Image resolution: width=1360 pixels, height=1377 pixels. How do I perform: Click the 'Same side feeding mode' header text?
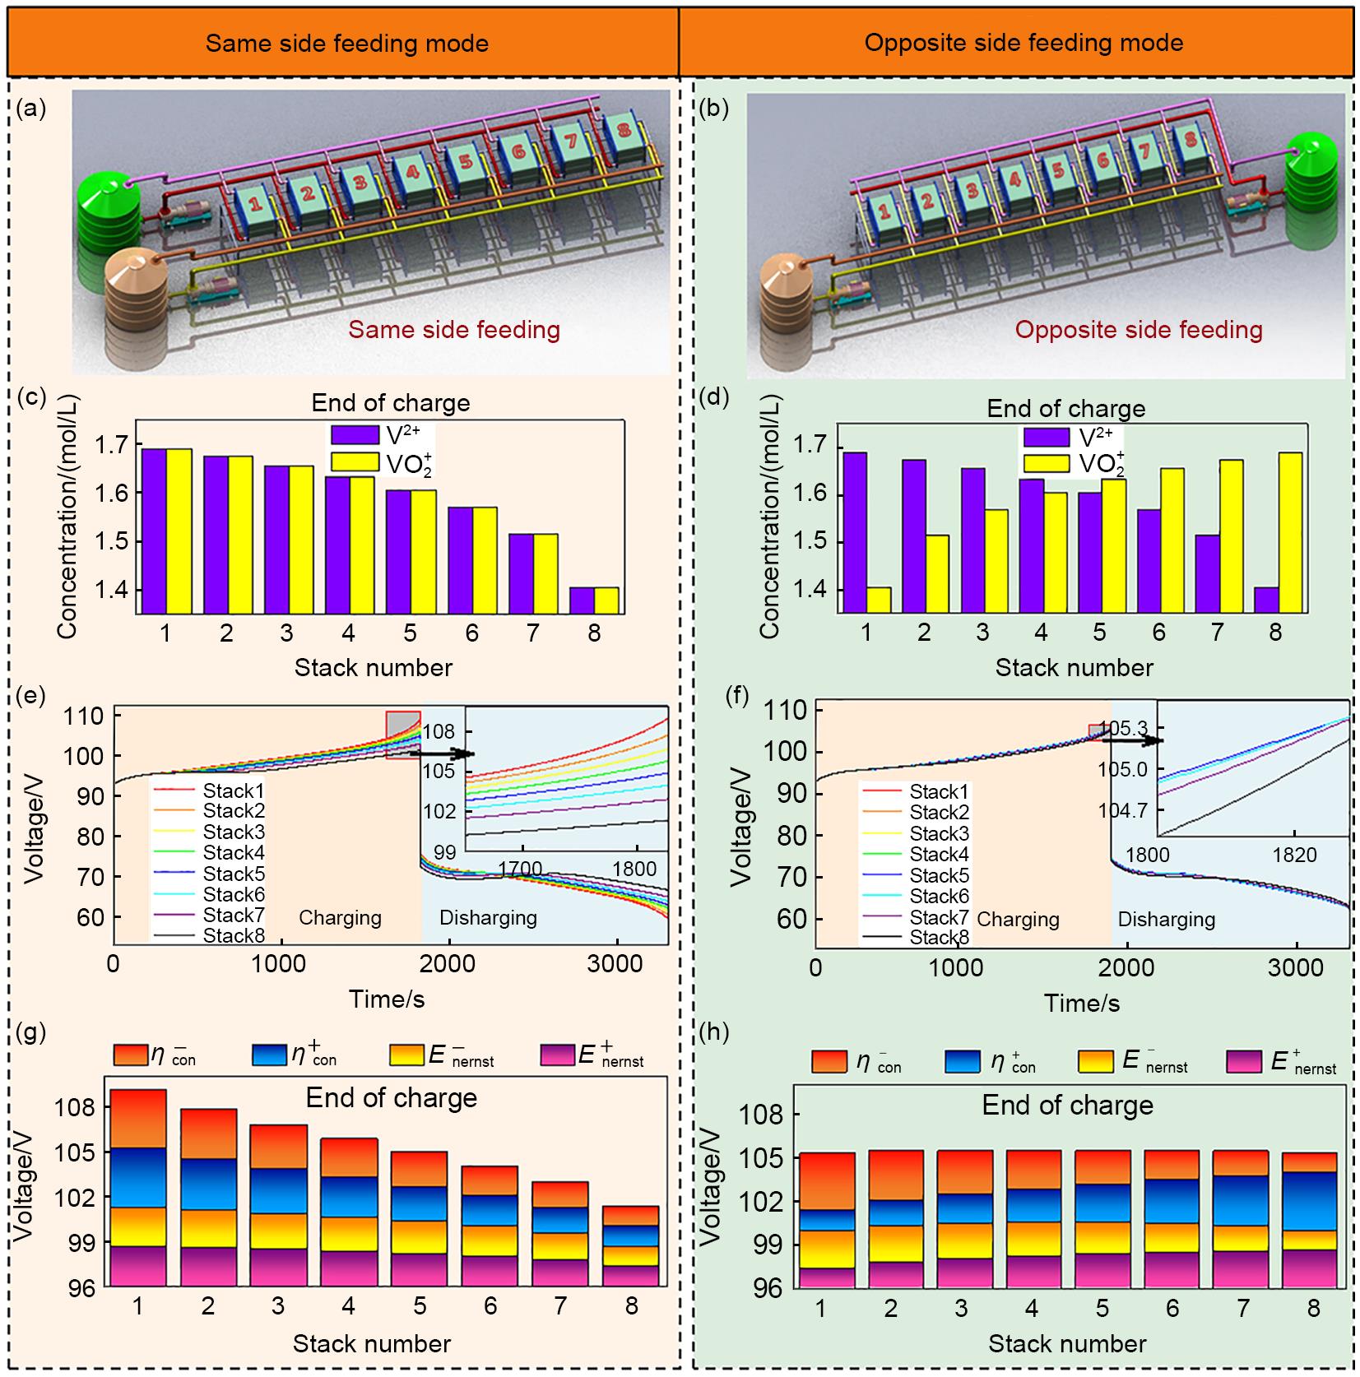coord(346,44)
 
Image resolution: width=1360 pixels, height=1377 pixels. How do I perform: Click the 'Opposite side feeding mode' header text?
coord(1023,43)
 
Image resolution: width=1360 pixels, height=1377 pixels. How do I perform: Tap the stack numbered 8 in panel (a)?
coord(621,135)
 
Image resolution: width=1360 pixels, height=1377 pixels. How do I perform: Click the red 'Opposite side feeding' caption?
coord(1138,331)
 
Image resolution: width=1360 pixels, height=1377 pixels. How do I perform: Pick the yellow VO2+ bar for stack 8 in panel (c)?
coord(606,600)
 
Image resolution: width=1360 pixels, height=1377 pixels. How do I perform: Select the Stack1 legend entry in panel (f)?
coord(938,792)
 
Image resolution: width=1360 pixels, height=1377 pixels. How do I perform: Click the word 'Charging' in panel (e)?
coord(340,918)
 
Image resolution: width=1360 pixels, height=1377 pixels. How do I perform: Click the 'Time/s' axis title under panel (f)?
coord(1082,1004)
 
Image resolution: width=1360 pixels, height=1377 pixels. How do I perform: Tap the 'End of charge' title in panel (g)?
coord(391,1098)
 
